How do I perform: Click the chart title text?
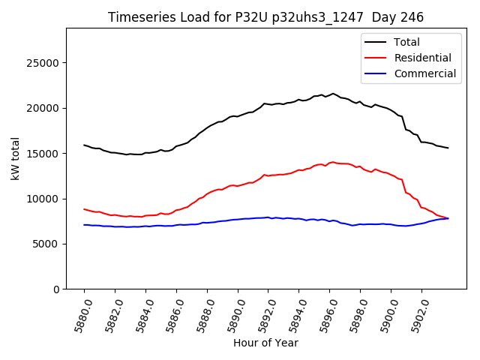(265, 17)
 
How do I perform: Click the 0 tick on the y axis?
(57, 289)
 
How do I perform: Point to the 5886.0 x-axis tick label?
(173, 314)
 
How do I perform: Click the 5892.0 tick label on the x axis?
(265, 314)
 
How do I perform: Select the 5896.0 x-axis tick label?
(326, 314)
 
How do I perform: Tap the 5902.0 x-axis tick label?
(418, 314)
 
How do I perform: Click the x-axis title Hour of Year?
(265, 343)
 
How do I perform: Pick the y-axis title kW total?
(16, 159)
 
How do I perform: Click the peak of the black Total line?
(334, 94)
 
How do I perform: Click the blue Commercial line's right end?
(448, 218)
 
